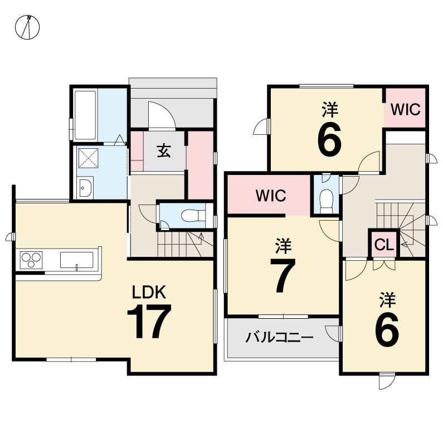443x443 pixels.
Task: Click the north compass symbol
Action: [27, 27]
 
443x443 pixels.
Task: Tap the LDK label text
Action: [149, 292]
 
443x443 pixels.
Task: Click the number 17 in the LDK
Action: [149, 321]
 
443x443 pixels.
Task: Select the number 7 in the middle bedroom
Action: [283, 275]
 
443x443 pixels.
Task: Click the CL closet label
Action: [384, 245]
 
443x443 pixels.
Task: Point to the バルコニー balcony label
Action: [279, 337]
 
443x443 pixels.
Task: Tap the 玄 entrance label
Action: [164, 150]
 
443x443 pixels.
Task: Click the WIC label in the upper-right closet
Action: [406, 109]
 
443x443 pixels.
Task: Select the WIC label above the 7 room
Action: [271, 196]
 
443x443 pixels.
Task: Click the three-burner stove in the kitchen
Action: [31, 260]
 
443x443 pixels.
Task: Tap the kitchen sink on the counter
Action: [76, 260]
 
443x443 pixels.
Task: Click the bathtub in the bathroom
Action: [85, 115]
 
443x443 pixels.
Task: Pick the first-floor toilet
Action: [193, 216]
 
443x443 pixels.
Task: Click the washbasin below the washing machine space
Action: [85, 188]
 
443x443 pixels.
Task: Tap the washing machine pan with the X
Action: [88, 158]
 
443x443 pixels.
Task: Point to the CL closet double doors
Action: [384, 265]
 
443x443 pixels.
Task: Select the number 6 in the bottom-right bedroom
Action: [387, 330]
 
